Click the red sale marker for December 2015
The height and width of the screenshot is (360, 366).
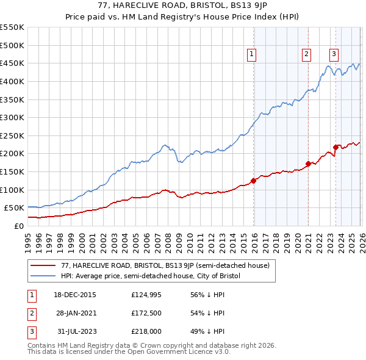click(253, 181)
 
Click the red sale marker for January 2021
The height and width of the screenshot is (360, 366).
click(308, 164)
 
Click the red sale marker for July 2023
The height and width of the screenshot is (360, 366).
click(335, 147)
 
